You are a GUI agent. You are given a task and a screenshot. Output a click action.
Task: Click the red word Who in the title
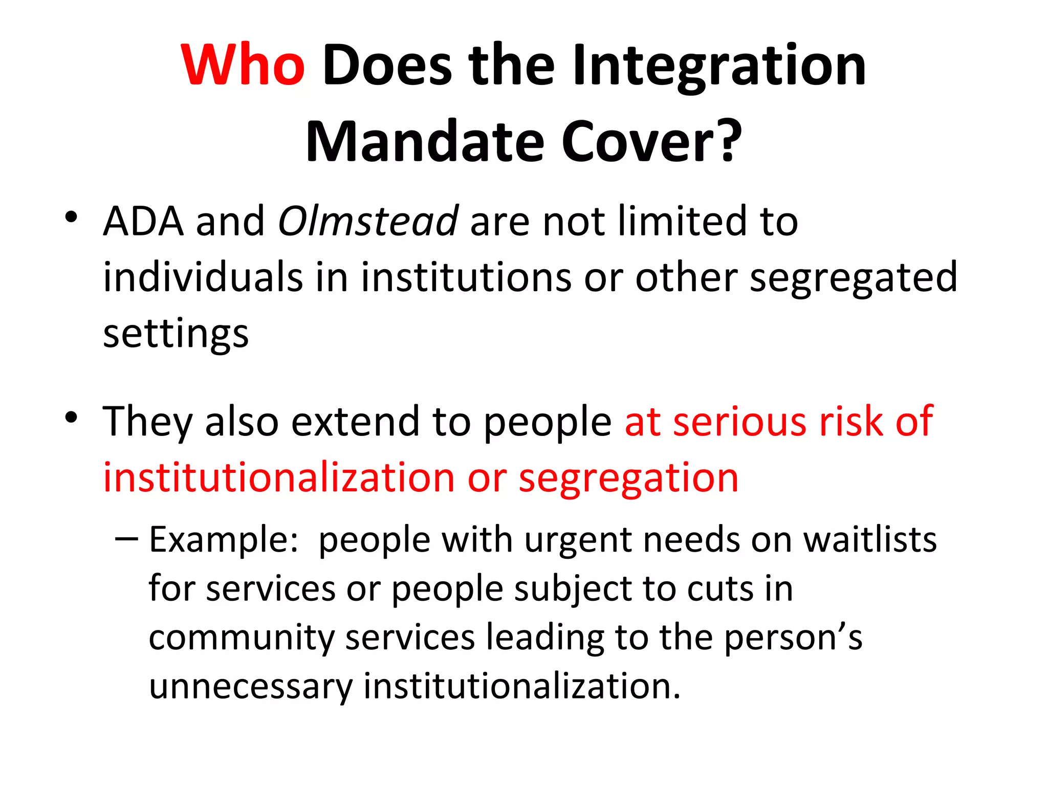click(243, 65)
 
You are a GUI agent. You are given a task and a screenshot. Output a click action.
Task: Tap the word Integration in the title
click(719, 67)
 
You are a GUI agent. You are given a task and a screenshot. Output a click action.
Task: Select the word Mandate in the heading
click(425, 142)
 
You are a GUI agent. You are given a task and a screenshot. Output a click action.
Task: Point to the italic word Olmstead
click(367, 221)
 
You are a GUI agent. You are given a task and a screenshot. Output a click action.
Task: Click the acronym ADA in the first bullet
click(143, 221)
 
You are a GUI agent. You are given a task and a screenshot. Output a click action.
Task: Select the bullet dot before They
click(71, 417)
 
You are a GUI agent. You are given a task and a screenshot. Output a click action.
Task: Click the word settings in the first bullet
click(176, 334)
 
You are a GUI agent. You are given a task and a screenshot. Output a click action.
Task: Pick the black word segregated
click(853, 277)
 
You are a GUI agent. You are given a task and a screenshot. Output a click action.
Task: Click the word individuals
click(203, 277)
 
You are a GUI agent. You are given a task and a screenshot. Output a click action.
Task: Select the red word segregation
click(628, 478)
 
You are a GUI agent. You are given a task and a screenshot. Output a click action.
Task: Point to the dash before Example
click(126, 538)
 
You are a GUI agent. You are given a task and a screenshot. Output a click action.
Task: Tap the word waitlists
click(870, 540)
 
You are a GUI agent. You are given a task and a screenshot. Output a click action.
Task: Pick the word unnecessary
click(251, 687)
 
